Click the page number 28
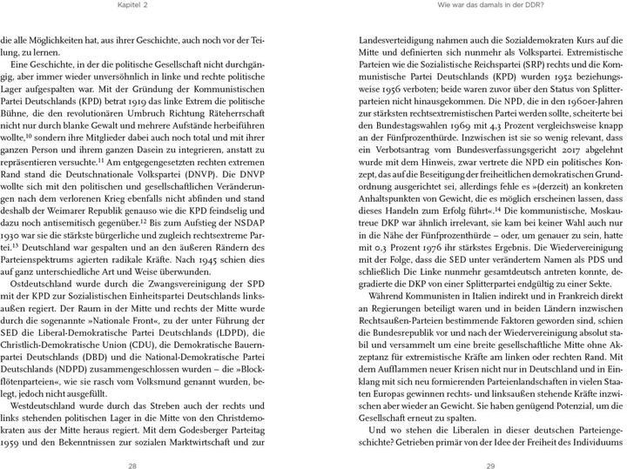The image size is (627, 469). point(132,443)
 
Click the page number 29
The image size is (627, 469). point(490,443)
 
